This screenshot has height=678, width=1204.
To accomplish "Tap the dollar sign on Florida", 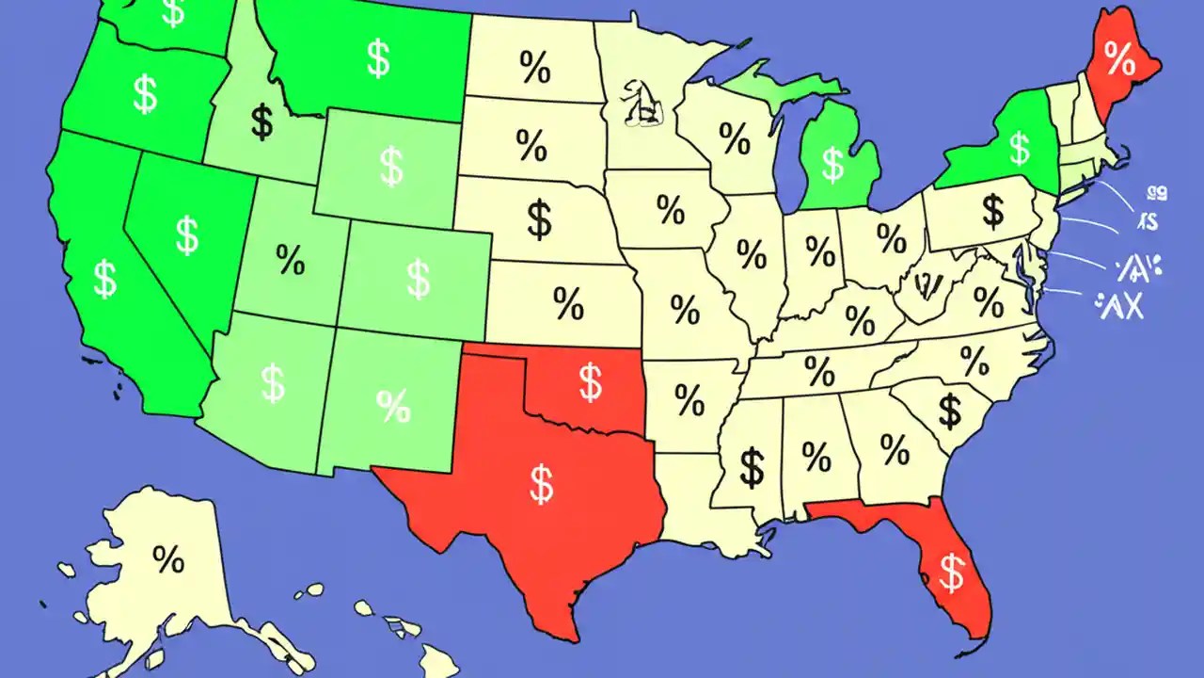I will [953, 572].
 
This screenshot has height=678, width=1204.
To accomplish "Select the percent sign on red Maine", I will [1120, 61].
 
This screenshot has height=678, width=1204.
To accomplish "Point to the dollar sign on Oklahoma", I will [590, 382].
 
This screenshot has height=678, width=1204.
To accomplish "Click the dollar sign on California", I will [105, 280].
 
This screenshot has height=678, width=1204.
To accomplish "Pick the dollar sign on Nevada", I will [187, 234].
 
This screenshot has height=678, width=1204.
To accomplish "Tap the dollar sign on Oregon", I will [145, 95].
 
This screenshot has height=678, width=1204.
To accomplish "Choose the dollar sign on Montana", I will [378, 58].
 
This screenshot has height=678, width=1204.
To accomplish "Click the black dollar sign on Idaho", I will [262, 122].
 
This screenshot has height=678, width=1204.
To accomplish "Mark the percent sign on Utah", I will [291, 261].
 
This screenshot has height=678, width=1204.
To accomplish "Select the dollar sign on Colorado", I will [418, 279].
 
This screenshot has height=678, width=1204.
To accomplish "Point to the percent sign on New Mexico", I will [393, 406].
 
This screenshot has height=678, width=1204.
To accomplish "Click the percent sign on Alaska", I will [168, 561].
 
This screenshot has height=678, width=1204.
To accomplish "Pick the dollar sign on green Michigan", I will [832, 164].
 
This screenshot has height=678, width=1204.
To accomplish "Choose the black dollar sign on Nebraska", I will [539, 218].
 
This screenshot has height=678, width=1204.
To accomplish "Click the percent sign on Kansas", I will [568, 303].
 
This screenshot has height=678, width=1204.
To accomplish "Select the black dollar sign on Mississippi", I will [752, 467].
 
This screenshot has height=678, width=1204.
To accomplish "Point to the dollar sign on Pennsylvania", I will [992, 211].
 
